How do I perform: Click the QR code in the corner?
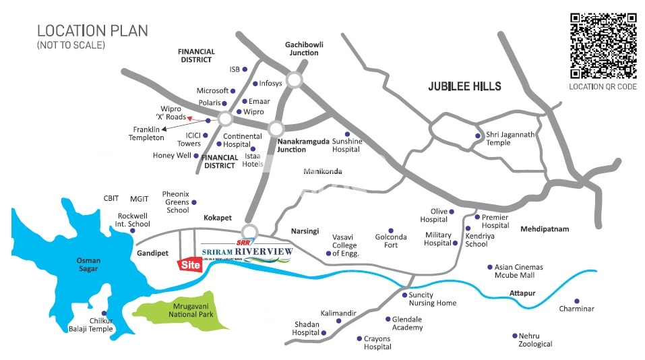[603, 46]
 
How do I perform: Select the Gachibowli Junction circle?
[294, 80]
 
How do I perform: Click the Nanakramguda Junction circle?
[275, 128]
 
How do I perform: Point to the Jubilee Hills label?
[465, 86]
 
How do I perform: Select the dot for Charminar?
[576, 301]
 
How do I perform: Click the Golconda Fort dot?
[390, 230]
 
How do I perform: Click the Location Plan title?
[92, 31]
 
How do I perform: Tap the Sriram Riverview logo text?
[247, 252]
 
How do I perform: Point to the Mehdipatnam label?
[545, 229]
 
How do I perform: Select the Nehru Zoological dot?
[514, 335]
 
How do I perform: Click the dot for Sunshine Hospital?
[347, 133]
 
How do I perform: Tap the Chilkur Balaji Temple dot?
[103, 313]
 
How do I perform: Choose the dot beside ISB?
[245, 69]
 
